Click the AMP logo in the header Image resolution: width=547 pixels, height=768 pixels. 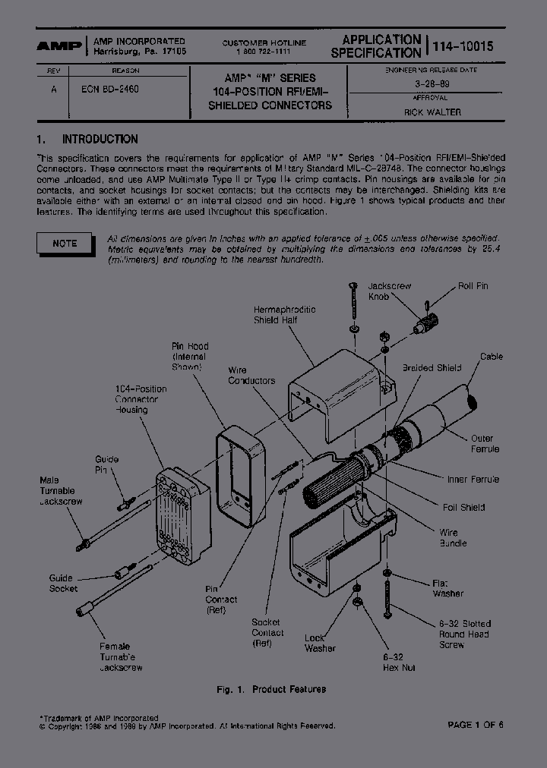(60, 46)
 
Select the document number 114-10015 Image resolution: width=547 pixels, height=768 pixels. (463, 46)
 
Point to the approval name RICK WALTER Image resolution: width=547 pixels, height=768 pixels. (432, 112)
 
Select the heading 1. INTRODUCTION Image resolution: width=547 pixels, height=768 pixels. (87, 140)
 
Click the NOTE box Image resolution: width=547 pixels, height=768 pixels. (65, 243)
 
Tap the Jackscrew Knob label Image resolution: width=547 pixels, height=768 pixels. (389, 291)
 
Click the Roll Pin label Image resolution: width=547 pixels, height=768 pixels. (473, 286)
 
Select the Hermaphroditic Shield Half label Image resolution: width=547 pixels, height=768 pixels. (284, 315)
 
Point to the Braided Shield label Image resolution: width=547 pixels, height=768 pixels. (432, 368)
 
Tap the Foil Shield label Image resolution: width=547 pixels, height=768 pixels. (463, 507)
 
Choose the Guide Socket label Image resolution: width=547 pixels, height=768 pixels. (63, 583)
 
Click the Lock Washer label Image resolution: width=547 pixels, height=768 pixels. (320, 643)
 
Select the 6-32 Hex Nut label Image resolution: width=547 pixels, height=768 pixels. (397, 661)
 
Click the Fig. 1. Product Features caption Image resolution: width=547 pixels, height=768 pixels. (270, 689)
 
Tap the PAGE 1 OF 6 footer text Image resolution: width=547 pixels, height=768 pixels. (475, 725)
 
